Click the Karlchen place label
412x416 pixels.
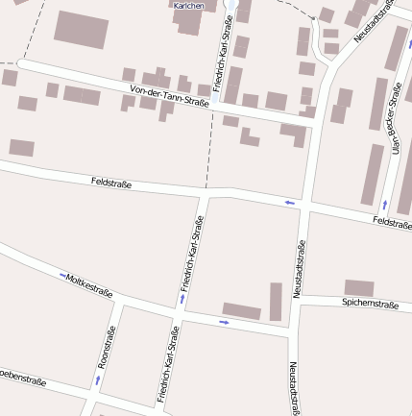(x=187, y=6)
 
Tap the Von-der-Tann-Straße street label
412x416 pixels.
(x=168, y=97)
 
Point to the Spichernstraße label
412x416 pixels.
(x=369, y=304)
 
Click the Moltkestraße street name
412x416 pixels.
(x=89, y=285)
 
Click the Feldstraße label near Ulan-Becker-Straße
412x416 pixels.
(x=391, y=223)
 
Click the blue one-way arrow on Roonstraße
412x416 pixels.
(x=96, y=380)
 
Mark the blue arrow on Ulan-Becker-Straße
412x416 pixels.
(x=384, y=205)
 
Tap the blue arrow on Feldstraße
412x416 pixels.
(x=289, y=202)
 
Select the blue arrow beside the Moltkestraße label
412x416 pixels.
(x=63, y=276)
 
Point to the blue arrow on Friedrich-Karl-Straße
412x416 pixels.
(x=182, y=299)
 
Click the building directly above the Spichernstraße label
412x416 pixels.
(x=359, y=287)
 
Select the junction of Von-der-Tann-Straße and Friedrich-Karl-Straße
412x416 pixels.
(x=217, y=106)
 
